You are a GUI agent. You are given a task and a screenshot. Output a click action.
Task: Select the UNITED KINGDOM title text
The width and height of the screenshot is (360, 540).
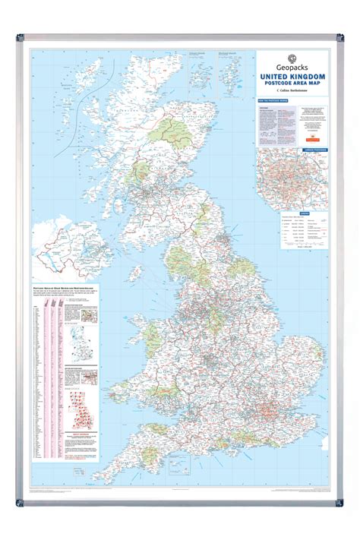point(293,77)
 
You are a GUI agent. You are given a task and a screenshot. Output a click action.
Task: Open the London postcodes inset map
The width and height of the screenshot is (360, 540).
point(293,170)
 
